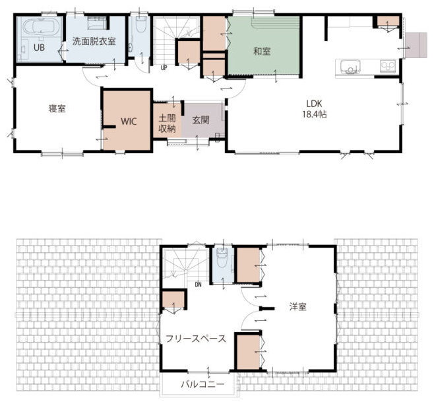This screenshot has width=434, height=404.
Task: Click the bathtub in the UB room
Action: (x=42, y=26)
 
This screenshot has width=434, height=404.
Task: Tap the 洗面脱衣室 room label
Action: (x=94, y=42)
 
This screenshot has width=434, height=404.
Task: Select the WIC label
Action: (x=129, y=121)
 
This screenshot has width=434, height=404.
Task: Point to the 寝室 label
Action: (x=57, y=108)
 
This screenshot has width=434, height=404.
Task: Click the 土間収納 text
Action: (x=167, y=123)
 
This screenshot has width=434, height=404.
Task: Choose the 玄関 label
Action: (x=201, y=120)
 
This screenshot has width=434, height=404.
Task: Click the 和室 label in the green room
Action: (x=262, y=51)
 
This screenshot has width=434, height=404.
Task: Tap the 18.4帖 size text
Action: (x=315, y=114)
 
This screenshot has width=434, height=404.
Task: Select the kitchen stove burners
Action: (x=388, y=67)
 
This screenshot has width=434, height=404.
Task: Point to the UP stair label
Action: (x=164, y=67)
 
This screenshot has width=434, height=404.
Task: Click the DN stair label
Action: (x=198, y=285)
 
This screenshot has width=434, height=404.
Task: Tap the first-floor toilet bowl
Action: (x=141, y=24)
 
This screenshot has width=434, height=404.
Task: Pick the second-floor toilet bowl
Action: (x=222, y=258)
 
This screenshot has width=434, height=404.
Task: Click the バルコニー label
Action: (x=202, y=384)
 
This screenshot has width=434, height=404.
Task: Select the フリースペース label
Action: (x=196, y=339)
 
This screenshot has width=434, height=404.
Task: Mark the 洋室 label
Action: (x=298, y=307)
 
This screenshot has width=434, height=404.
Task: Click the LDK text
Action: (x=314, y=104)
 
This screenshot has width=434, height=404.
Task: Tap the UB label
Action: (x=39, y=48)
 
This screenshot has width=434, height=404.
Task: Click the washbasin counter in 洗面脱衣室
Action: (x=97, y=23)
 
